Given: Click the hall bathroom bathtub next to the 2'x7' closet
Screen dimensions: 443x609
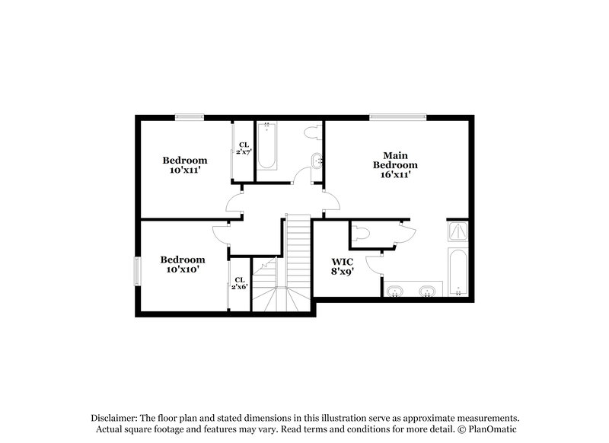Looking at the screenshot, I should (x=267, y=145).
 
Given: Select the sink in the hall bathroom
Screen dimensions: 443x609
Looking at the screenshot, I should (x=317, y=161).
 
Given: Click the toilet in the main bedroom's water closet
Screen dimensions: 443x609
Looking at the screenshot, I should (x=361, y=232).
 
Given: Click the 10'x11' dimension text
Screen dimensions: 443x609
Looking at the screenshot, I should (x=184, y=171).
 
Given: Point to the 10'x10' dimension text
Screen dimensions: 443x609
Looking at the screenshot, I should (x=183, y=269).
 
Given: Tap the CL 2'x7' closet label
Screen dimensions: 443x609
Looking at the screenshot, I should (x=244, y=148).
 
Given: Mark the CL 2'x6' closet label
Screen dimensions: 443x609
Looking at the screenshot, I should (x=240, y=283).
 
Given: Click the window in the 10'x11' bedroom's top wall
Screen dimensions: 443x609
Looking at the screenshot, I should (x=188, y=116).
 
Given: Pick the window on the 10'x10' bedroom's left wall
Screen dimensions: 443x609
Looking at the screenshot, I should (x=137, y=270).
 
